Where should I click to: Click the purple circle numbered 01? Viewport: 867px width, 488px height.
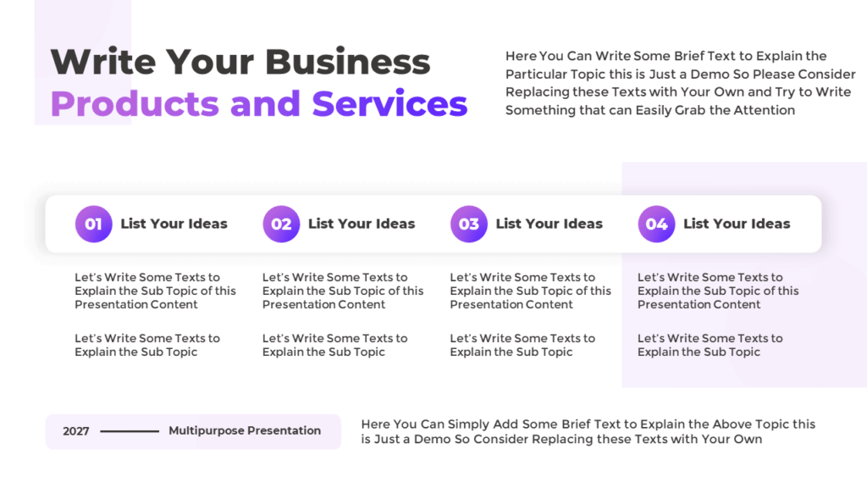[x=93, y=224]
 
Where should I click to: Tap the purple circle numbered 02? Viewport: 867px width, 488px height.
[x=281, y=224]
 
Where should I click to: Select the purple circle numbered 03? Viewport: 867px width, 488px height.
[x=469, y=224]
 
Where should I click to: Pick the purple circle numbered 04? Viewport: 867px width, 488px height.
[x=657, y=224]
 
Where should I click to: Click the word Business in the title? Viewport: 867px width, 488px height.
[x=348, y=62]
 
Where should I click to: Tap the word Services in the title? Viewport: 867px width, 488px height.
[x=389, y=103]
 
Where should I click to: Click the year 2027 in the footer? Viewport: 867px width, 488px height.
[x=76, y=431]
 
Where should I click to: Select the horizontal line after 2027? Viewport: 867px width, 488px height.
[x=130, y=431]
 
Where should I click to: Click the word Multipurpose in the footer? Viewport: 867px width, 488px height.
[x=206, y=430]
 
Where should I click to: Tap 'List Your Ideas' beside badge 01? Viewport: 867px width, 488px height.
[x=174, y=224]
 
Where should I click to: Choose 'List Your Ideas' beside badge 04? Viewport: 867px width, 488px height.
[x=737, y=224]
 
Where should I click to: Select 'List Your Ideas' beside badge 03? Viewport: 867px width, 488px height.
[x=549, y=224]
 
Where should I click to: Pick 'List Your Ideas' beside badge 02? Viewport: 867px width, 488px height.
[x=362, y=224]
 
